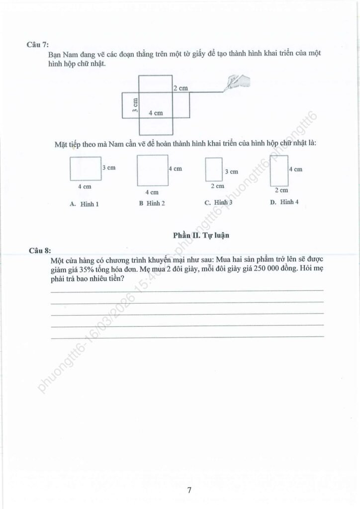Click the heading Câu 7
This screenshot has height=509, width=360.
tap(37, 44)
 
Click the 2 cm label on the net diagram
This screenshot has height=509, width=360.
tap(180, 88)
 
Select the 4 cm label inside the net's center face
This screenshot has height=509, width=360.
tap(156, 113)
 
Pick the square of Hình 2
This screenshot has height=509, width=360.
tap(152, 170)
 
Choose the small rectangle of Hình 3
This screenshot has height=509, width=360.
tap(213, 170)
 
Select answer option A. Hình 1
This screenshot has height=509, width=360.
tap(84, 203)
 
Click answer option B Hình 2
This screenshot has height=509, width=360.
tap(152, 203)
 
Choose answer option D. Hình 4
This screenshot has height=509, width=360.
tap(284, 202)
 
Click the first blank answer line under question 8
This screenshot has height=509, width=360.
tap(187, 291)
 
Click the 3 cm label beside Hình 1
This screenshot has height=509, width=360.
tap(108, 168)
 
